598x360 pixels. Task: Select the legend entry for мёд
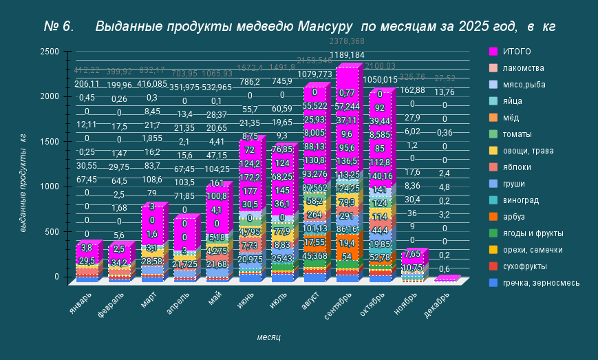(513, 118)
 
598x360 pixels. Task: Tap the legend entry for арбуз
(515, 217)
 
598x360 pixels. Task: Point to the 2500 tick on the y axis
(49, 52)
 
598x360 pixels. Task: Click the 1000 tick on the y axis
(49, 187)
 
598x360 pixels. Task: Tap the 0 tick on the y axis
(57, 277)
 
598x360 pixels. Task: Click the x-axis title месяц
(268, 337)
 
